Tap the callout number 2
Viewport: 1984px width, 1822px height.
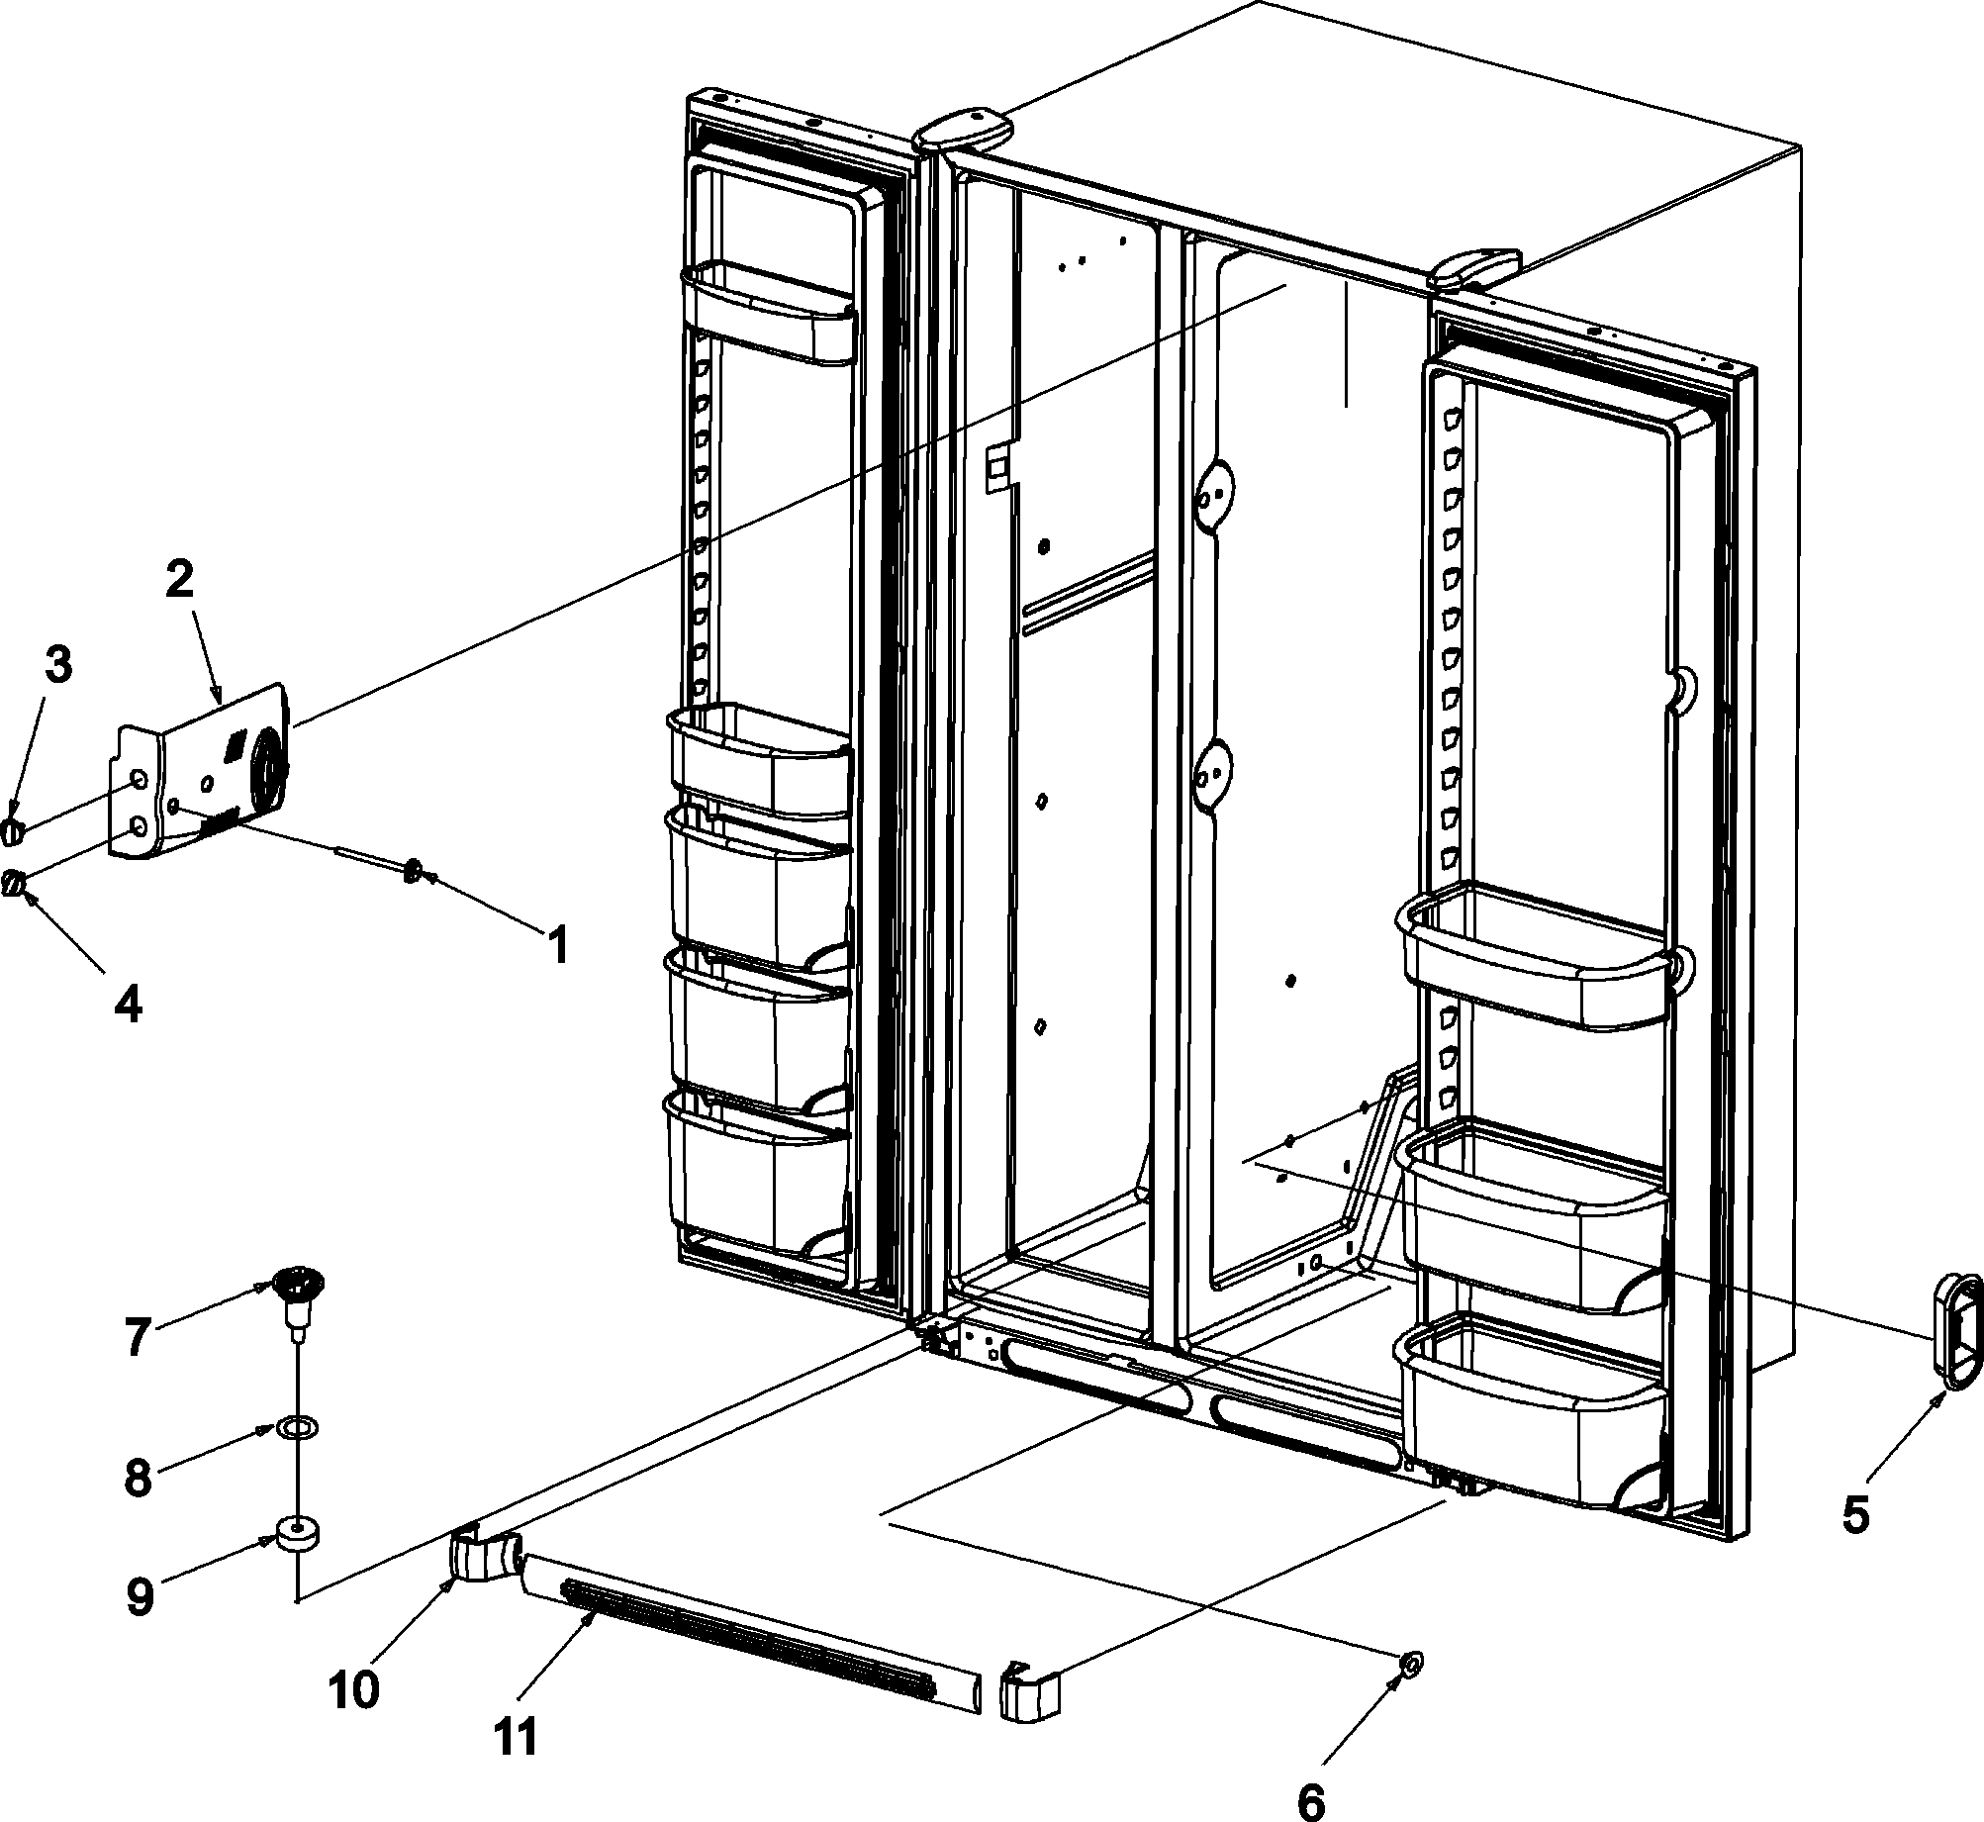pyautogui.click(x=180, y=582)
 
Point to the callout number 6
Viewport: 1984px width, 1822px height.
pyautogui.click(x=1310, y=1776)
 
